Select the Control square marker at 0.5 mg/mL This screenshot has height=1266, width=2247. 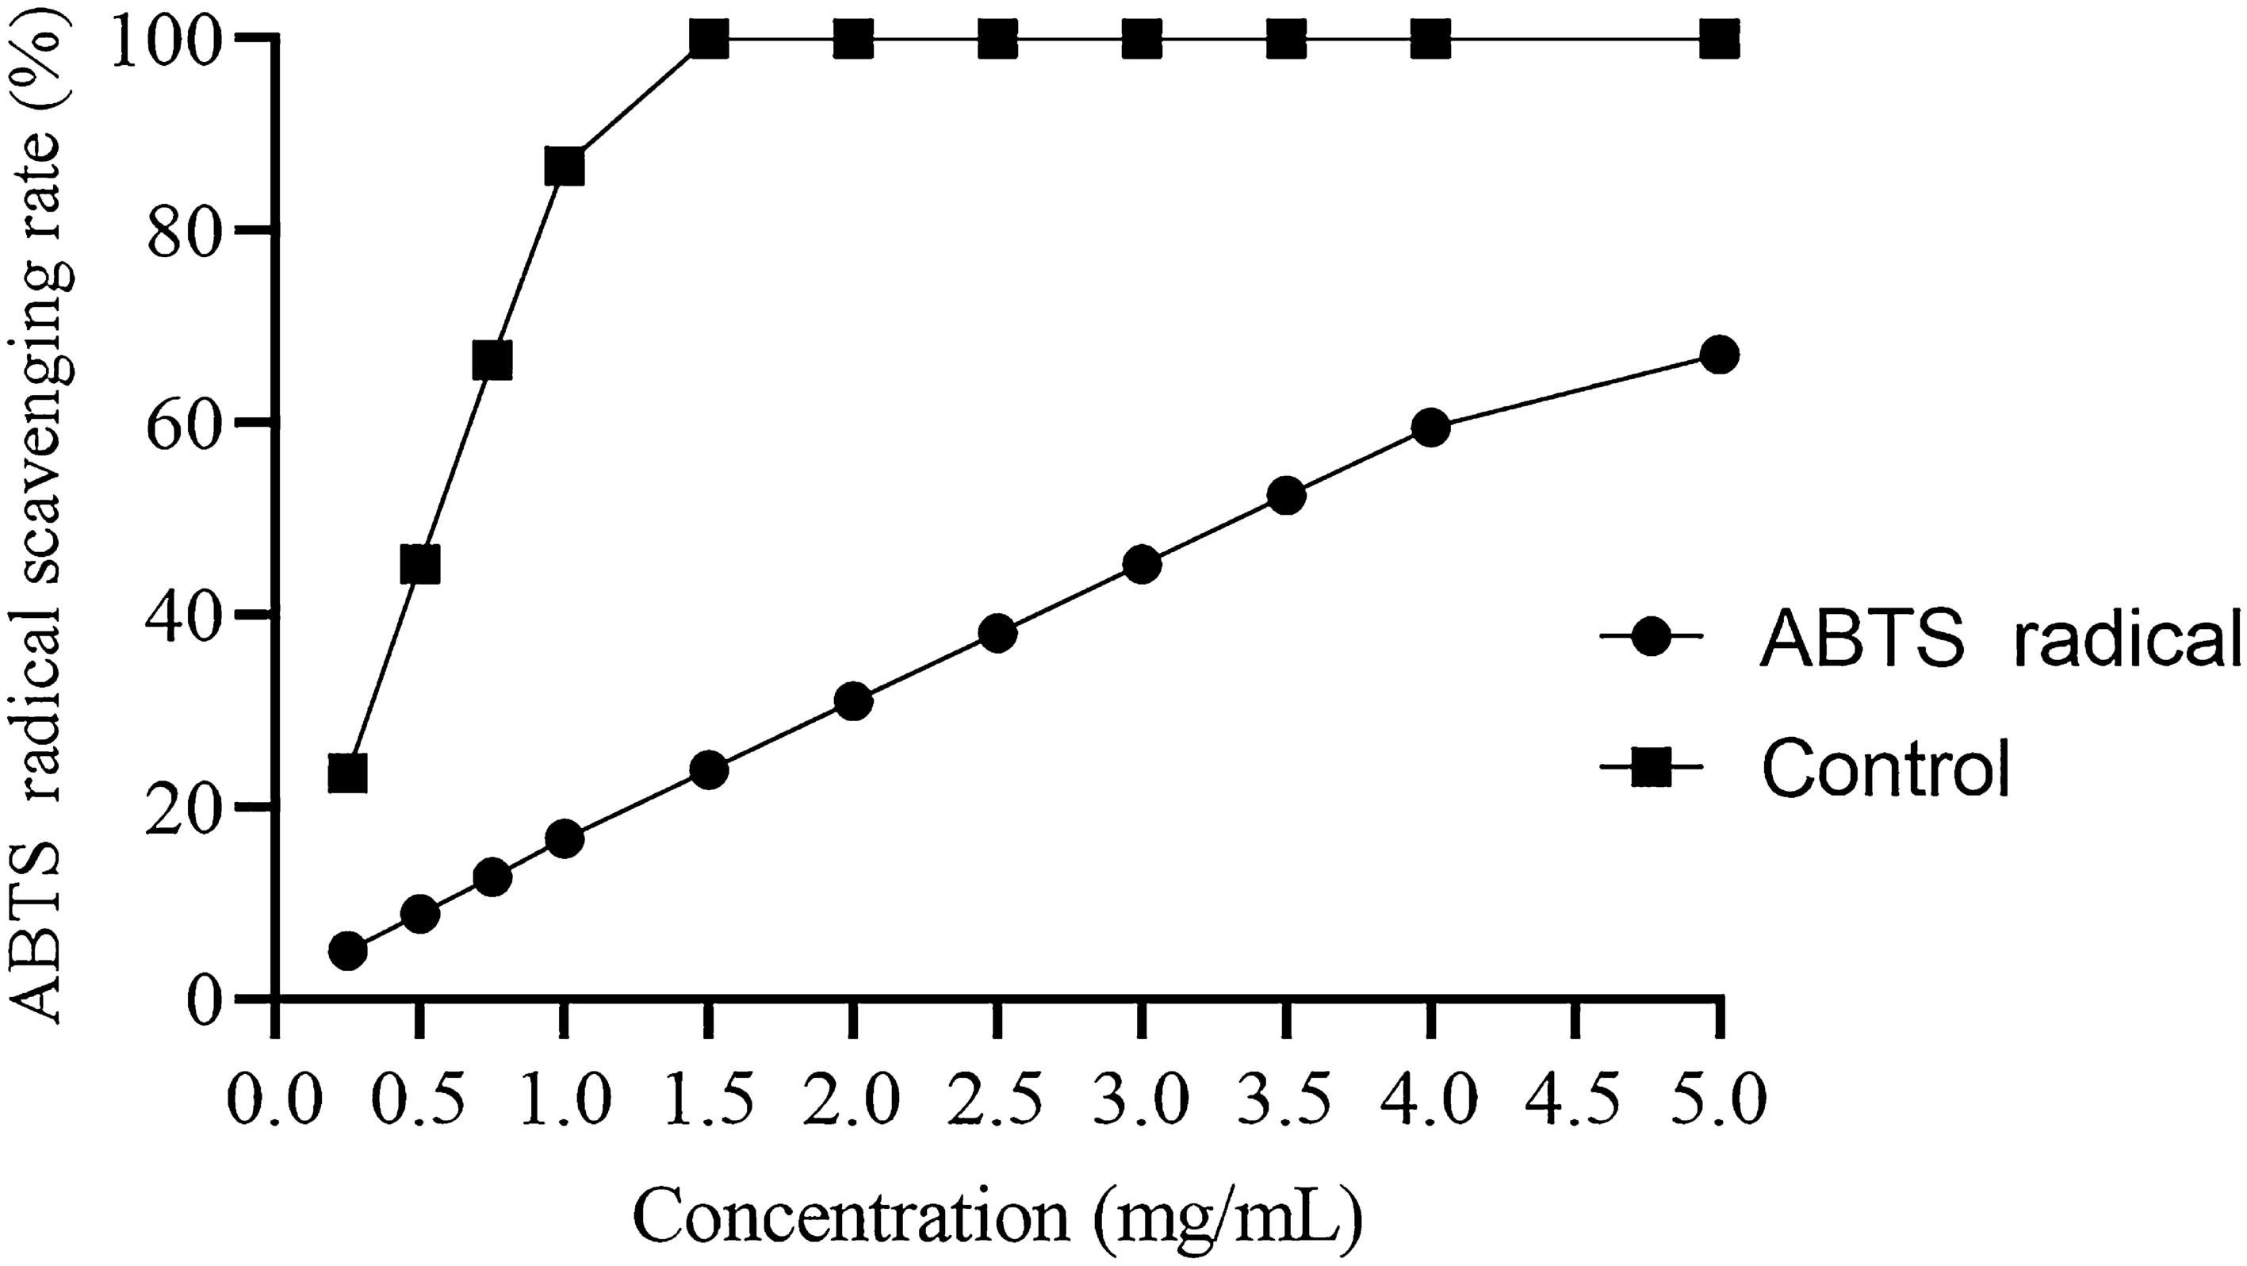pyautogui.click(x=419, y=566)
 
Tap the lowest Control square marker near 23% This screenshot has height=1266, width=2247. pyautogui.click(x=347, y=773)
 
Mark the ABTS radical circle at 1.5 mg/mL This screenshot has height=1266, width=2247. pyautogui.click(x=708, y=769)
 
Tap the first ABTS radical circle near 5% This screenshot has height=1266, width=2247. pyautogui.click(x=347, y=951)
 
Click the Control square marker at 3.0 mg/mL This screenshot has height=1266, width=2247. pyautogui.click(x=1142, y=39)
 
